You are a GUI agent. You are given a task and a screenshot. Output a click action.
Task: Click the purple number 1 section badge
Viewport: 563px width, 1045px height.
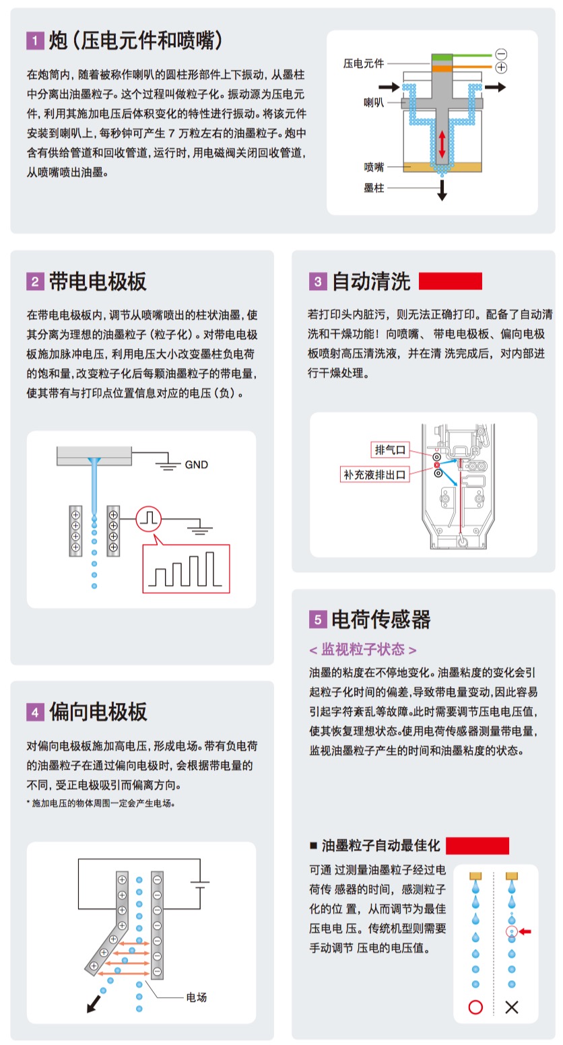tap(35, 40)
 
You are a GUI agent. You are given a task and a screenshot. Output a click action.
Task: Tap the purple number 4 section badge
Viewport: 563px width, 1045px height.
tap(35, 712)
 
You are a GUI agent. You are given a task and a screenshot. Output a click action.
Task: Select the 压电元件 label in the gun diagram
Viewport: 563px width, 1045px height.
tap(364, 63)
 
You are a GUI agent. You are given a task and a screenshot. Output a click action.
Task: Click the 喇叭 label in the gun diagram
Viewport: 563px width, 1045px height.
tap(374, 102)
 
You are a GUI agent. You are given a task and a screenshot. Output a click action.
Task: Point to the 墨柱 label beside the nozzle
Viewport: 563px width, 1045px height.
tap(374, 188)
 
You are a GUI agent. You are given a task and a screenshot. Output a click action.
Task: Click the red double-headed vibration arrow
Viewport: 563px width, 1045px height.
tap(441, 144)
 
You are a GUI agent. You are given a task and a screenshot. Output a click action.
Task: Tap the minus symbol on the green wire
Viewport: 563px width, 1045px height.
tap(501, 54)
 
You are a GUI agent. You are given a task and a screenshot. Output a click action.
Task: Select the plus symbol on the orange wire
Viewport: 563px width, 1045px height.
tap(501, 67)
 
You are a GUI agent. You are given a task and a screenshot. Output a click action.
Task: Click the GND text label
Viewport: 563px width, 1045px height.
tap(197, 465)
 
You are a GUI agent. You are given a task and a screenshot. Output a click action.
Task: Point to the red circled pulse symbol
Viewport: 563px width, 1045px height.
tap(149, 518)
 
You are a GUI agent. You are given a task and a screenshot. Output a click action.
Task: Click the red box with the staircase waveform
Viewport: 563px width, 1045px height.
tap(186, 568)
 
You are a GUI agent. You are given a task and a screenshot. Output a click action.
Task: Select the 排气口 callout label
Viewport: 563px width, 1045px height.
tap(390, 450)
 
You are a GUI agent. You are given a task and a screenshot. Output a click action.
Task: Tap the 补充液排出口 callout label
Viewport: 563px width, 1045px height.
tap(374, 475)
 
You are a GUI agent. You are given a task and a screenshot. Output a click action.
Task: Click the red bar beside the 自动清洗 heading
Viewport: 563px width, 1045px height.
tap(450, 281)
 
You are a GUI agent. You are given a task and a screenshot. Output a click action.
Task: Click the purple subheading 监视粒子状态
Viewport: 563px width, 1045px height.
tap(363, 649)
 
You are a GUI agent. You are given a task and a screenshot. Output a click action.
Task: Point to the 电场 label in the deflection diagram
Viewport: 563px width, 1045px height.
tap(197, 997)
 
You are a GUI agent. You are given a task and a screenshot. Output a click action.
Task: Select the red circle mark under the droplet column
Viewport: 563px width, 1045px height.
tap(475, 1007)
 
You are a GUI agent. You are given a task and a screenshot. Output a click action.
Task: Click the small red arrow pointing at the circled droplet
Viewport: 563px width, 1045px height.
tap(525, 932)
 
